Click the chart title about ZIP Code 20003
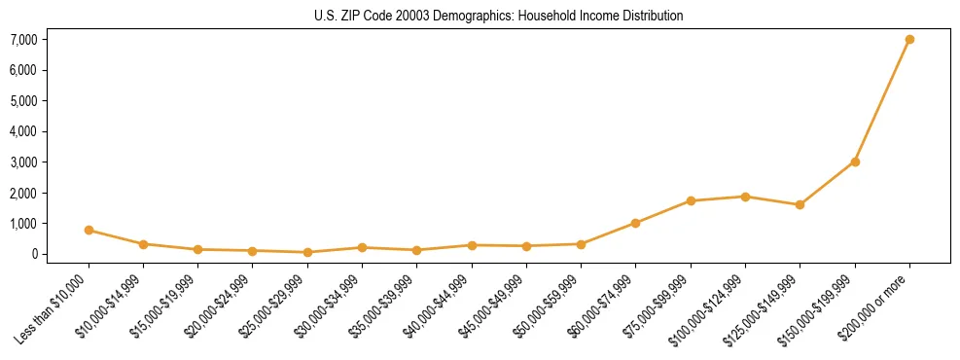[x=499, y=17]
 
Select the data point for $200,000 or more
[x=909, y=40]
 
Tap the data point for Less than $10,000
[x=89, y=231]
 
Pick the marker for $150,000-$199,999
[x=855, y=162]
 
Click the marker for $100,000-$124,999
[x=745, y=197]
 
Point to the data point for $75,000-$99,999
[x=691, y=201]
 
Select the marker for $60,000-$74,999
[x=635, y=223]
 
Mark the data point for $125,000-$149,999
[x=800, y=204]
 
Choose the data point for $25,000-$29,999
[x=307, y=252]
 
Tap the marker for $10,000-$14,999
[x=143, y=244]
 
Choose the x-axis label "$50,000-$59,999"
[x=549, y=303]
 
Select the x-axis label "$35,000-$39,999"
[x=384, y=303]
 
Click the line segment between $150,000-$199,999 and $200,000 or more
[x=882, y=101]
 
